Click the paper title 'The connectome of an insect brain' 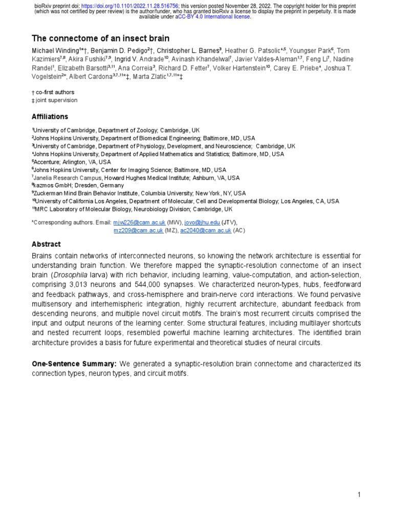101,38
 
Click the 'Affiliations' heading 50,117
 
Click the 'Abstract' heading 46,244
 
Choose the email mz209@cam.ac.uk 138,230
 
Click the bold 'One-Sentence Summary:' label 74,364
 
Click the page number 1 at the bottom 359,494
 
